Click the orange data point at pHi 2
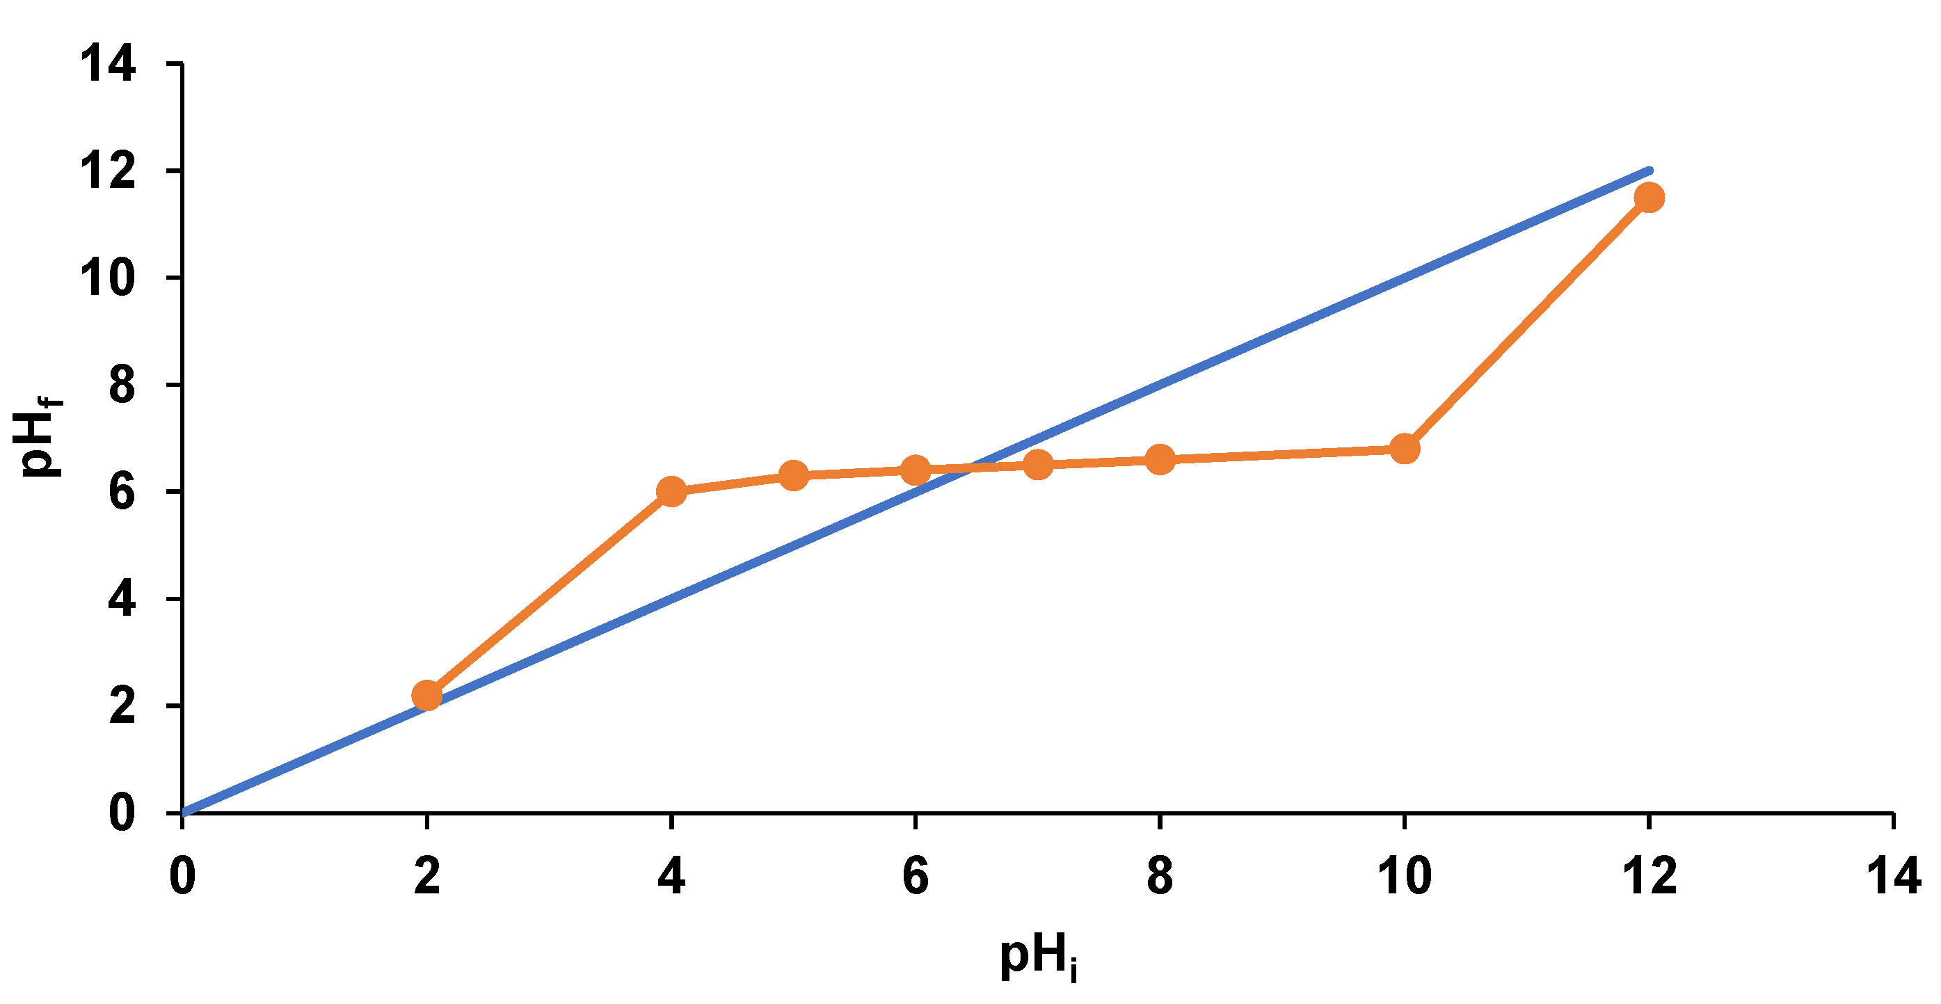point(427,694)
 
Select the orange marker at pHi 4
point(671,491)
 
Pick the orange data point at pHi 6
point(916,470)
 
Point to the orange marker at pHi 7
point(1038,464)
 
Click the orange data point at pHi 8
point(1160,459)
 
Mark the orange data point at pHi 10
point(1405,449)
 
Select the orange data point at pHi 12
point(1649,198)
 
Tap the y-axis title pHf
point(42,437)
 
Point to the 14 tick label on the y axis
point(109,63)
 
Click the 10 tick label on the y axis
point(109,278)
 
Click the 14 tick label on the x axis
point(1893,877)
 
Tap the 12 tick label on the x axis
point(1649,877)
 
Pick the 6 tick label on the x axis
point(916,877)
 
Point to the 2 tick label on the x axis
point(427,877)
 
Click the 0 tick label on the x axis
point(182,877)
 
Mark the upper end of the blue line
point(1649,170)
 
